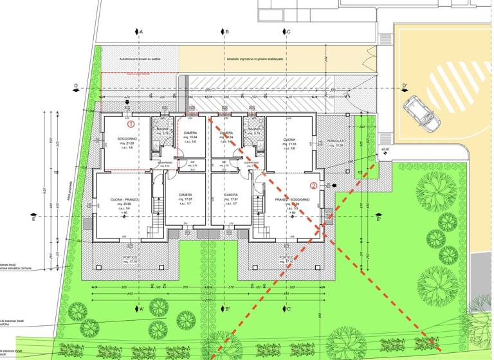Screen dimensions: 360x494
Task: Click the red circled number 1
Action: (x=131, y=122)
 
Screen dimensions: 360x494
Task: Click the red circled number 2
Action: (x=313, y=186)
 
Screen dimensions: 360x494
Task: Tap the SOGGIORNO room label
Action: (x=126, y=139)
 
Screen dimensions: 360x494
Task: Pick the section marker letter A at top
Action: (x=141, y=32)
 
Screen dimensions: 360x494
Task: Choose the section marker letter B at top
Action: (x=227, y=32)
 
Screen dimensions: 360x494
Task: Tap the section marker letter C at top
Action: (x=289, y=32)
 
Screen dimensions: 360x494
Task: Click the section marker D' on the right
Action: (x=405, y=86)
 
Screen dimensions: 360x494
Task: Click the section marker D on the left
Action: (x=76, y=86)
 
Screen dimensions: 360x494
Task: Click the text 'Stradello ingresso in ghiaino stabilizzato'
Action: (x=255, y=59)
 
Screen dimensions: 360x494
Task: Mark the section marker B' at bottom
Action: (x=227, y=309)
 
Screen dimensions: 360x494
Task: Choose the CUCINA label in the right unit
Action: (x=289, y=139)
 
